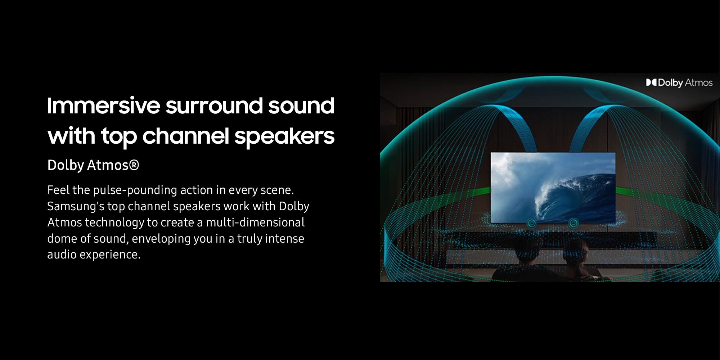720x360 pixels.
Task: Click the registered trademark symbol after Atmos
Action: tap(134, 165)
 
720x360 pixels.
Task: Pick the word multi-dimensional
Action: tap(255, 222)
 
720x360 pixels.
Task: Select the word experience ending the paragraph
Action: tap(110, 255)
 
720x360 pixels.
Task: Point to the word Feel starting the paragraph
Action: tap(58, 190)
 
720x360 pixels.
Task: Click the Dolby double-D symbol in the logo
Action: tap(651, 83)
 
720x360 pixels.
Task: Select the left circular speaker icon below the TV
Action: tap(532, 223)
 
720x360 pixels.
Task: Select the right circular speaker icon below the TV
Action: tap(573, 223)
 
